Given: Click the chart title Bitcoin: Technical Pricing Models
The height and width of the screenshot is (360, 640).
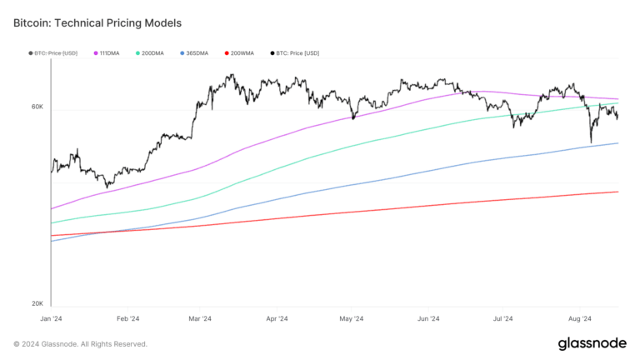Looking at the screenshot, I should (97, 23).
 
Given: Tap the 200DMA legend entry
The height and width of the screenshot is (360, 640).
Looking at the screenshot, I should (150, 53).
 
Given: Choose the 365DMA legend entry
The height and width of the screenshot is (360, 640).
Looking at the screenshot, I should (195, 53).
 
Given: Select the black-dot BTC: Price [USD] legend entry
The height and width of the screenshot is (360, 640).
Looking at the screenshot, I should (295, 53).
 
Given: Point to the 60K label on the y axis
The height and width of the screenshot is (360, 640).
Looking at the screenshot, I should (37, 107).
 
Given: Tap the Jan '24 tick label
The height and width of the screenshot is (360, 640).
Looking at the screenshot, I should (52, 318).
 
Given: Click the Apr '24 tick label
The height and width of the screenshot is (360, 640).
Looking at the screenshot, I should (277, 318).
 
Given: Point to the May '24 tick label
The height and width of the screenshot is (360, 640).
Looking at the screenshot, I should (352, 318).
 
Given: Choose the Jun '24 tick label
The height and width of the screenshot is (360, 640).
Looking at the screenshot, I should (428, 318).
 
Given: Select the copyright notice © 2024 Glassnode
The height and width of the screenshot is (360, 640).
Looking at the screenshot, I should (80, 344).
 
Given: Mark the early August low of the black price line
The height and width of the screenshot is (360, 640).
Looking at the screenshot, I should (591, 143).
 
